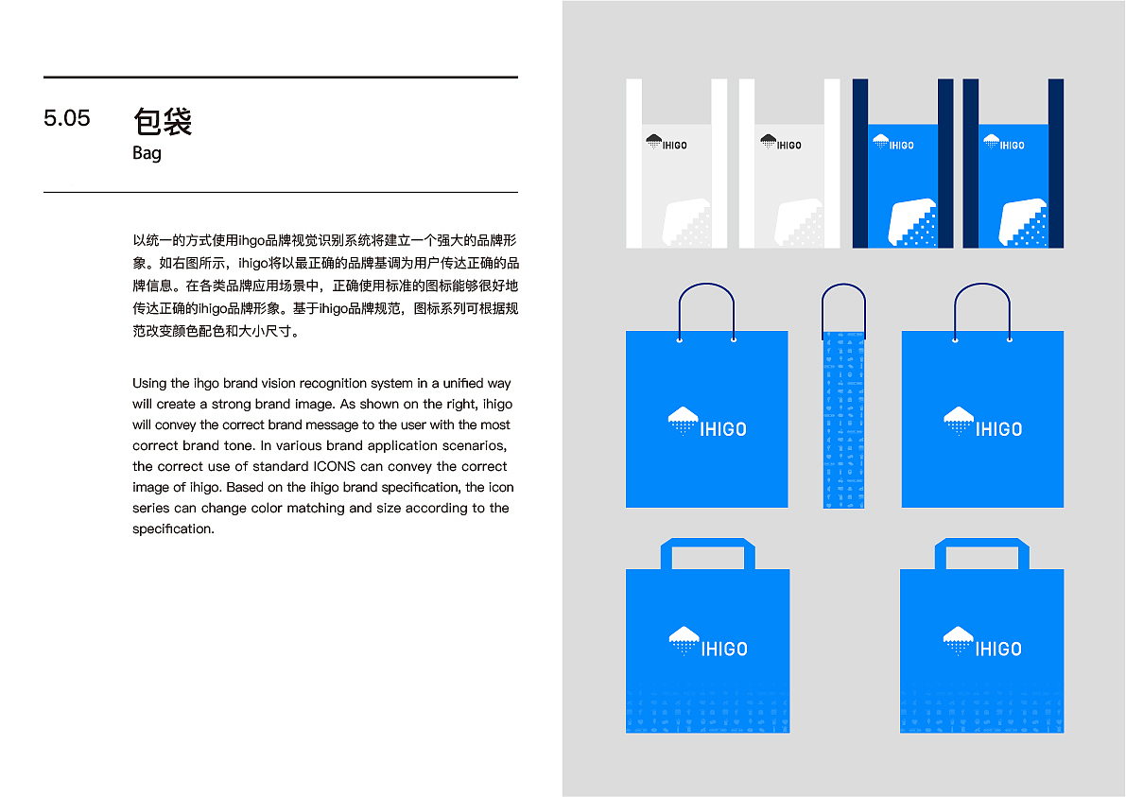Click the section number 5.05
(67, 118)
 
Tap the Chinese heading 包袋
(163, 121)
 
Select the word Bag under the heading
(147, 153)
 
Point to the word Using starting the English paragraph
(149, 384)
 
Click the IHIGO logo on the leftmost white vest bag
(667, 143)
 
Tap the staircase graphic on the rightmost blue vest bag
(1024, 224)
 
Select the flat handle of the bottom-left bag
(707, 546)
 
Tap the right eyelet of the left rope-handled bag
(734, 338)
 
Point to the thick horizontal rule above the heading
(281, 77)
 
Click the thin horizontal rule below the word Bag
(281, 192)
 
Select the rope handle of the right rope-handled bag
(982, 288)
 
